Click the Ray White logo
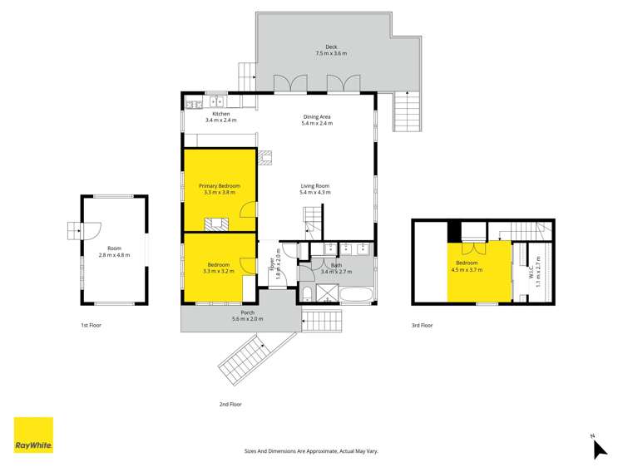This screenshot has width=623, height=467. point(33,435)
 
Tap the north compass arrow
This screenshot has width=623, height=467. point(600,450)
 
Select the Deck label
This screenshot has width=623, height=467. point(331,47)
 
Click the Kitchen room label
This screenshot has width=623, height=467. point(221,114)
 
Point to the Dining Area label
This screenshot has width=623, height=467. point(317,116)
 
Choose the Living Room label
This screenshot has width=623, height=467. point(315,185)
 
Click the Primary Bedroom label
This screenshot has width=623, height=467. point(220,185)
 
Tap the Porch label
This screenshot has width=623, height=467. point(248,312)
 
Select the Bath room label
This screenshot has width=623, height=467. point(336,265)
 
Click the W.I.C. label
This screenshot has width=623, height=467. point(532,272)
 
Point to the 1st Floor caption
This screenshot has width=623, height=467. point(91,326)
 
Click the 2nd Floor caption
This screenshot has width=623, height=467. point(230,405)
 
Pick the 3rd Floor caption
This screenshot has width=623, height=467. point(422,326)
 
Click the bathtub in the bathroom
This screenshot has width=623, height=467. point(356,295)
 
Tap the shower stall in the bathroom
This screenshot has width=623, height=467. point(328,293)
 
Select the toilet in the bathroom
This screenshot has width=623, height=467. point(307,294)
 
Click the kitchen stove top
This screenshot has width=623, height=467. point(194,105)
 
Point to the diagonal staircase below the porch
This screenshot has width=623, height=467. point(245,360)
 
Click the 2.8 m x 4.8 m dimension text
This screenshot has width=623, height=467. point(115,255)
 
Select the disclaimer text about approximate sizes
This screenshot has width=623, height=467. point(311,451)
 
